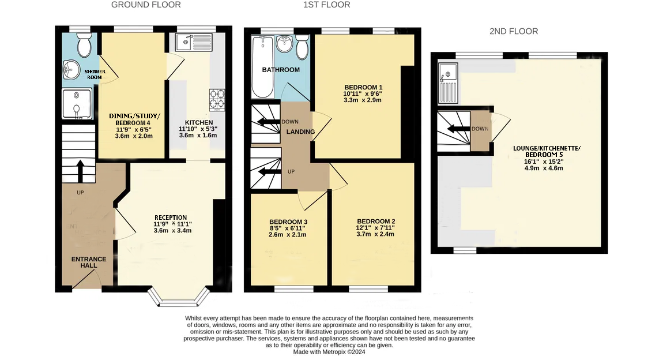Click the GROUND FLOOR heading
point(146,5)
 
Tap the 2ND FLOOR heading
point(514,31)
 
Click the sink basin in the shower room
point(71,70)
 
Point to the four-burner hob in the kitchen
point(217,100)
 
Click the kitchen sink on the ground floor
point(194,42)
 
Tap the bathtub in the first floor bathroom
point(262,67)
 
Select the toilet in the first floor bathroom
point(302,47)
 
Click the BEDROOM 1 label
point(363,88)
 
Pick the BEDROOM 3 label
point(288,222)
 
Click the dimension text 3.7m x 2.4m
point(375,234)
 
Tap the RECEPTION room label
point(171,217)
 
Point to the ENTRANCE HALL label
point(89,262)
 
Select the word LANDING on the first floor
point(300,132)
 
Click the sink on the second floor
point(448,83)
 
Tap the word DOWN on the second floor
point(480,129)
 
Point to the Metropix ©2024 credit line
point(329,352)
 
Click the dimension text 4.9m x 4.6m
point(544,168)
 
